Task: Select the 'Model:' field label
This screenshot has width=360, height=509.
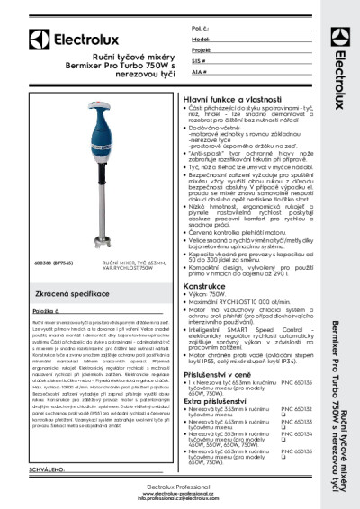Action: point(202,40)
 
